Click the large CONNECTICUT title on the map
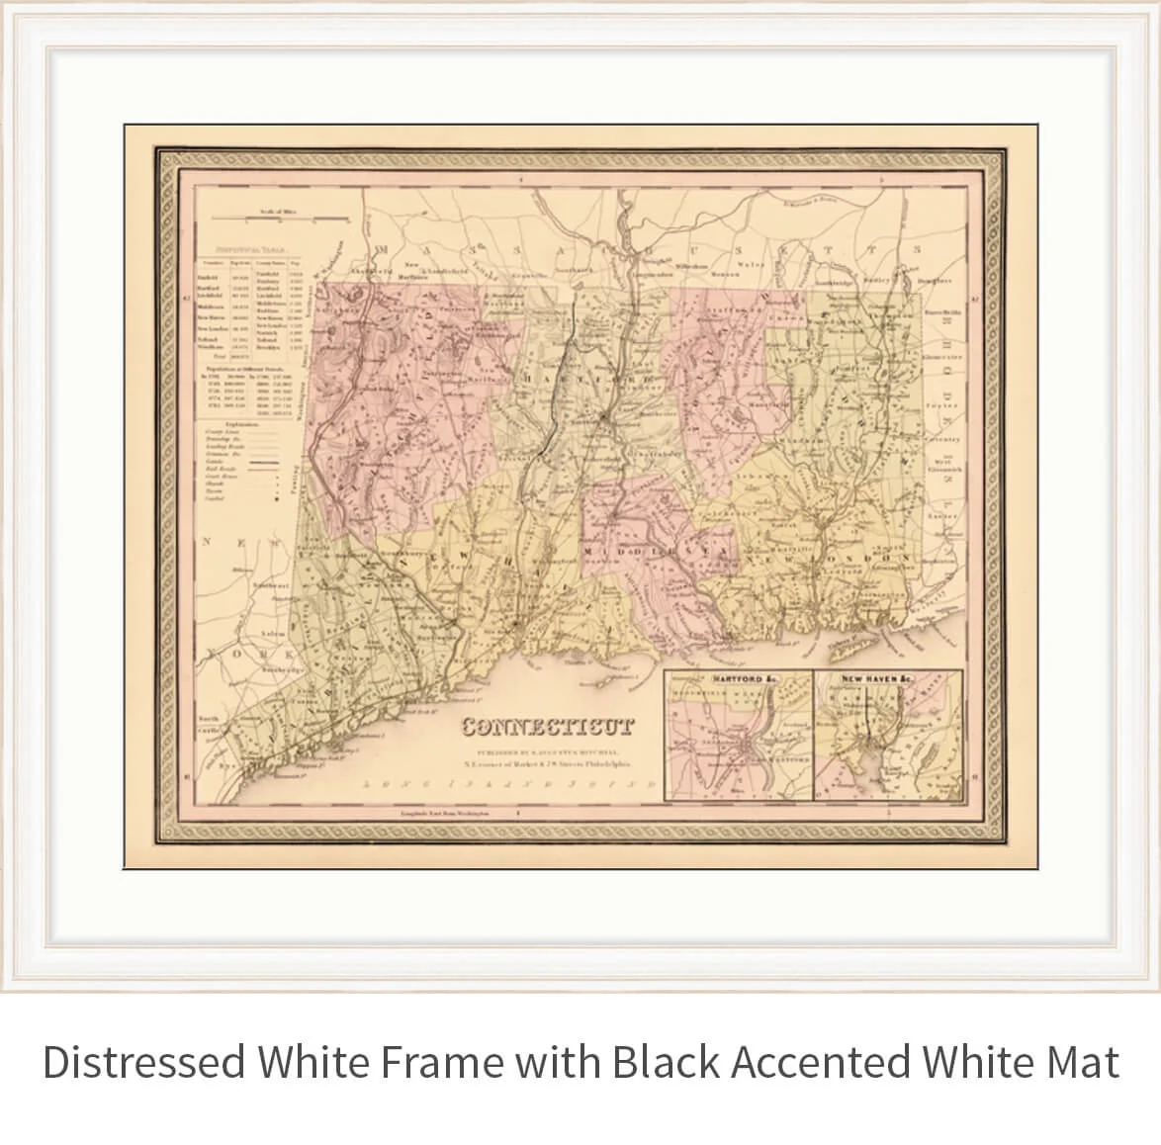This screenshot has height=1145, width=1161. coord(547,729)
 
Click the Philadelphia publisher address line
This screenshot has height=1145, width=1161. coord(547,763)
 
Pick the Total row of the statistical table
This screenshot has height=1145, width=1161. coord(226,355)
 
